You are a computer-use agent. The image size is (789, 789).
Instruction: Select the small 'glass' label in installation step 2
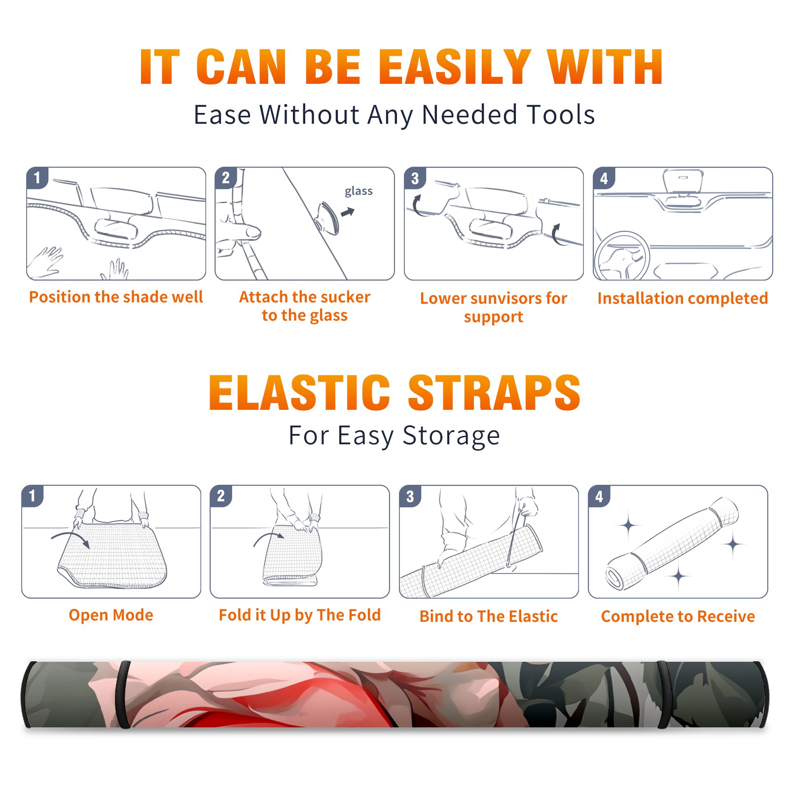(x=359, y=191)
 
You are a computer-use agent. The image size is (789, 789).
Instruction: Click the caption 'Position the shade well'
(x=116, y=297)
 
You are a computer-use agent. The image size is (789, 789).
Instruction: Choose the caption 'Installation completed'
(x=682, y=298)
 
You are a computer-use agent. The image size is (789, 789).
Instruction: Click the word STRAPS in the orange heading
(x=494, y=393)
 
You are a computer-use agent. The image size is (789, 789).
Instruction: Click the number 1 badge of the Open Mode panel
(x=33, y=496)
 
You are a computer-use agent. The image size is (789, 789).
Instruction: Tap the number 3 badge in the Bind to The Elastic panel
(x=410, y=496)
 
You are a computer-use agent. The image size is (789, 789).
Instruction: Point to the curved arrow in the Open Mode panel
(x=71, y=537)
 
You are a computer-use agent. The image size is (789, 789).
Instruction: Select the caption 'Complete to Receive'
(x=678, y=616)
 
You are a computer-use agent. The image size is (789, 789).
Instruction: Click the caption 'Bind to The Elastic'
(x=488, y=616)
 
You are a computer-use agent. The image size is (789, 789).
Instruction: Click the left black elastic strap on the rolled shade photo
(x=124, y=694)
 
